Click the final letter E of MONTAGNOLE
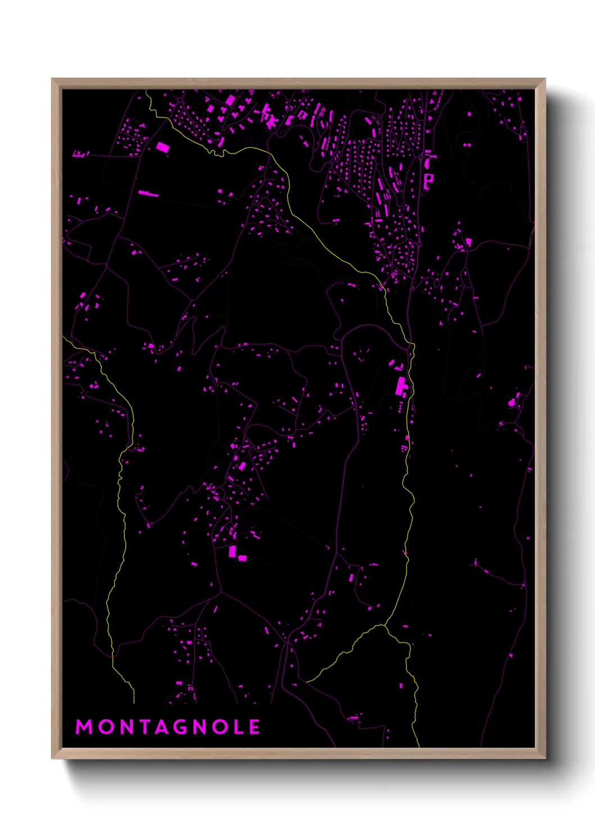click(x=255, y=727)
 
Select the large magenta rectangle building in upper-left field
click(x=163, y=147)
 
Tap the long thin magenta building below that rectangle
click(x=148, y=193)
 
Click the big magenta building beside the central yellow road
click(x=402, y=387)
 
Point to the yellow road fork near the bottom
click(x=386, y=625)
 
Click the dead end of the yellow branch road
click(x=306, y=681)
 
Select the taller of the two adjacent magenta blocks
click(x=232, y=551)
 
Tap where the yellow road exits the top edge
click(x=147, y=91)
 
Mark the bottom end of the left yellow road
click(x=134, y=703)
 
